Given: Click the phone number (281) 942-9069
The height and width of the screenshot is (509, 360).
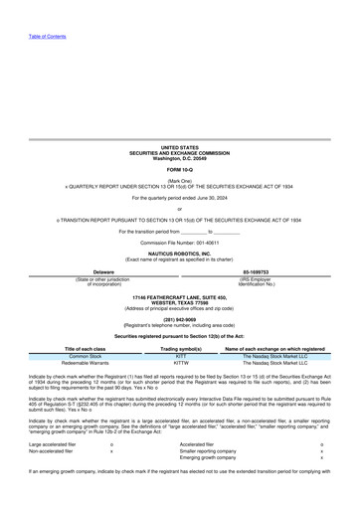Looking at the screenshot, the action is click(x=180, y=319).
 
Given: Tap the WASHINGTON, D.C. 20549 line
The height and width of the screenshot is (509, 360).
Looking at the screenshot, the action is click(x=180, y=158).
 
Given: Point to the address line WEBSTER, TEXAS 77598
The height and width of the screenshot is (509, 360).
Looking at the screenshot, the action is click(x=180, y=302).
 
